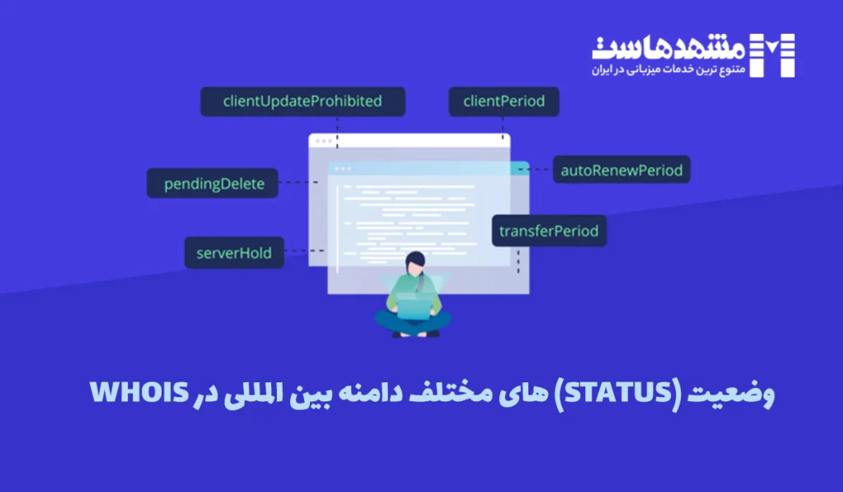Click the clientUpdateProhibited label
pyautogui.click(x=302, y=102)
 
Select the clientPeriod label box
pyautogui.click(x=504, y=102)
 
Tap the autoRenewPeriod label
pyautogui.click(x=621, y=171)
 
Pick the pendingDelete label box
pyautogui.click(x=213, y=184)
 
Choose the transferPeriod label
pyautogui.click(x=549, y=231)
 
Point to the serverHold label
pyautogui.click(x=234, y=252)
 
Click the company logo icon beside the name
pyautogui.click(x=776, y=55)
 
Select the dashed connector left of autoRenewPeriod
pyautogui.click(x=542, y=171)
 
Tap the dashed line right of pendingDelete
pyautogui.click(x=298, y=182)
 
